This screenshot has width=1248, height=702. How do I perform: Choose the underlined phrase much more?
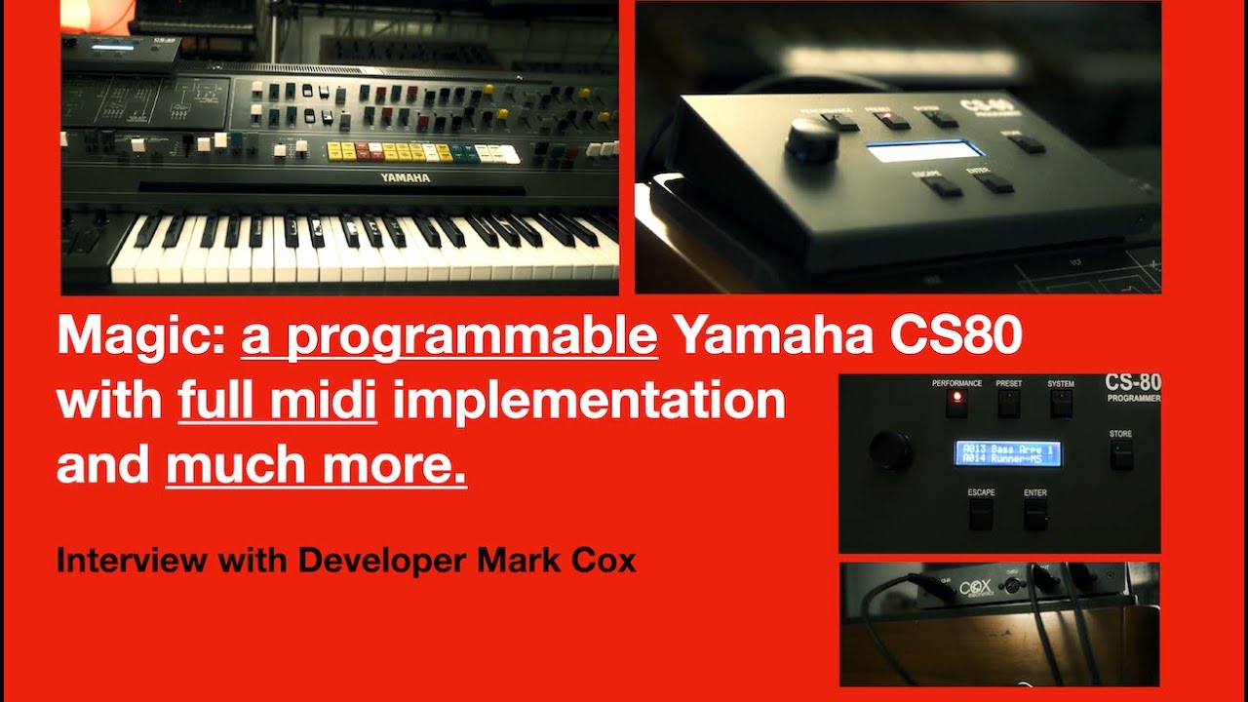point(316,466)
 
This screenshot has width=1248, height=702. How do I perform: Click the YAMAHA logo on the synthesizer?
point(405,178)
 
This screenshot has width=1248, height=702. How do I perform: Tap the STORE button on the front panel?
point(1121,452)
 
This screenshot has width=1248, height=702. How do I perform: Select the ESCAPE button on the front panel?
point(981,515)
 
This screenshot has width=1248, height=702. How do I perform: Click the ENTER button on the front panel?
point(1034,515)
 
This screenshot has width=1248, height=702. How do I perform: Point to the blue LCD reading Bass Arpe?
point(1007,453)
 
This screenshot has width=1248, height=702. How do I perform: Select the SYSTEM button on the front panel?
point(1061,403)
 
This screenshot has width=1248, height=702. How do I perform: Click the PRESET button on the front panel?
point(1008,403)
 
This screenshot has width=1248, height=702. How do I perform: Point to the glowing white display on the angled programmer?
point(923,151)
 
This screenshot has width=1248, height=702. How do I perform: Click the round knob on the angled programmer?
point(811,141)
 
